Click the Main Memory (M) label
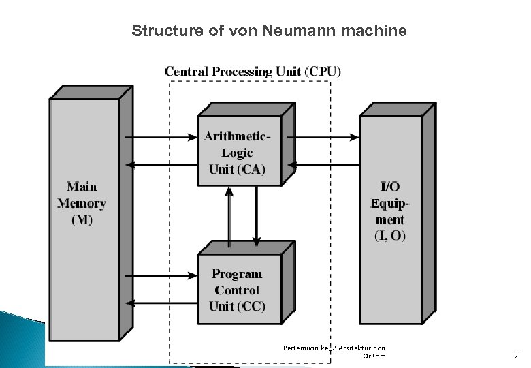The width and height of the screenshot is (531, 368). click(x=82, y=203)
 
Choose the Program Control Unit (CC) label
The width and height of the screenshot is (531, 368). click(x=237, y=290)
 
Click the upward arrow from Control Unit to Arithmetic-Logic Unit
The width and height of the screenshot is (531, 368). click(x=229, y=215)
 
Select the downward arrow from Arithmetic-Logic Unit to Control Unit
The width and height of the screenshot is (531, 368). click(x=257, y=215)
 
